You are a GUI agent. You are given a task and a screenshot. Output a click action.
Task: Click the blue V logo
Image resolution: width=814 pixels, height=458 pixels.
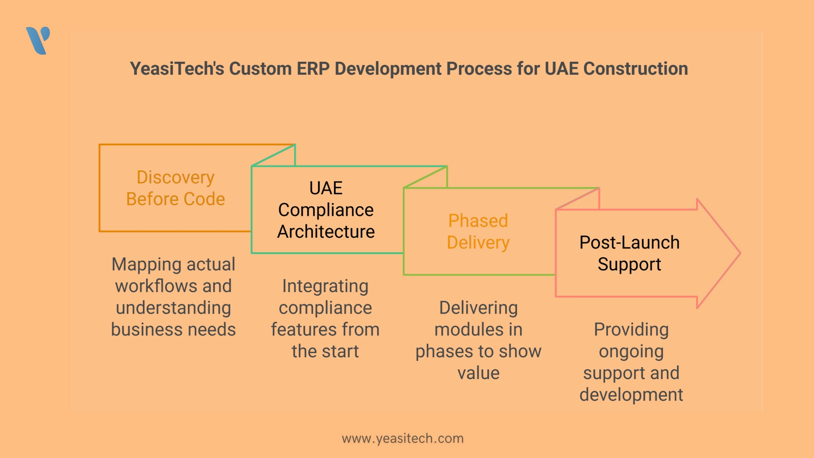pos(38,41)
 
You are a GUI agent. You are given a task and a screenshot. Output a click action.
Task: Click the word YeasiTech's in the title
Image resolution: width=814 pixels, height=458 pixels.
pos(177,69)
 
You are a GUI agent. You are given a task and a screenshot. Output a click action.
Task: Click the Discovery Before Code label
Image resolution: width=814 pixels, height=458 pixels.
pos(176,188)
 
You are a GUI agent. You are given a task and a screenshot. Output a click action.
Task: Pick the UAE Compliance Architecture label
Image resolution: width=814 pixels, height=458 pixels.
pos(326,210)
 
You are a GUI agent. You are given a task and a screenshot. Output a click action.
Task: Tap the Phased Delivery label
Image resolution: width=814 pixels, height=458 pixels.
pos(478,232)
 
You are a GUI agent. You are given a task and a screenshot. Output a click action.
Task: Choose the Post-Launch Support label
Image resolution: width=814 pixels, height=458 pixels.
pos(630,254)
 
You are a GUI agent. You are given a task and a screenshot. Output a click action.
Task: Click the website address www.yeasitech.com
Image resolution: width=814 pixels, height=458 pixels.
pos(403,438)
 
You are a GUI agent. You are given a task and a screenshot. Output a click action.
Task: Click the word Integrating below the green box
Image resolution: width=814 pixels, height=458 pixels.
pos(325,286)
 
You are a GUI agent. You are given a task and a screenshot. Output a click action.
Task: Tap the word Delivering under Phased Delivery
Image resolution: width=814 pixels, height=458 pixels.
pos(478,308)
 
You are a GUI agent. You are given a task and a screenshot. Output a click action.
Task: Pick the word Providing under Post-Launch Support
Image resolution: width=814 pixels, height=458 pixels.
pos(631,330)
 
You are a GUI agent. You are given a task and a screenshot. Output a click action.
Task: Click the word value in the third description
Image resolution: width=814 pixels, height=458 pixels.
pos(478,373)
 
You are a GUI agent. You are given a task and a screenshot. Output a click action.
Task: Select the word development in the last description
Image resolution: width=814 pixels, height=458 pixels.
pos(631,395)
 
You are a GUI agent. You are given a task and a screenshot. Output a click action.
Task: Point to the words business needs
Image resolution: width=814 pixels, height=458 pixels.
pos(173,330)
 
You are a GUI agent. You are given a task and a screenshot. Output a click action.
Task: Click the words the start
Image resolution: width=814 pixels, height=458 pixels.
pos(325,352)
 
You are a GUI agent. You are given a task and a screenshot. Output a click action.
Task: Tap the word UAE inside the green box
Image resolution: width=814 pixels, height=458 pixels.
pos(326,188)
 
